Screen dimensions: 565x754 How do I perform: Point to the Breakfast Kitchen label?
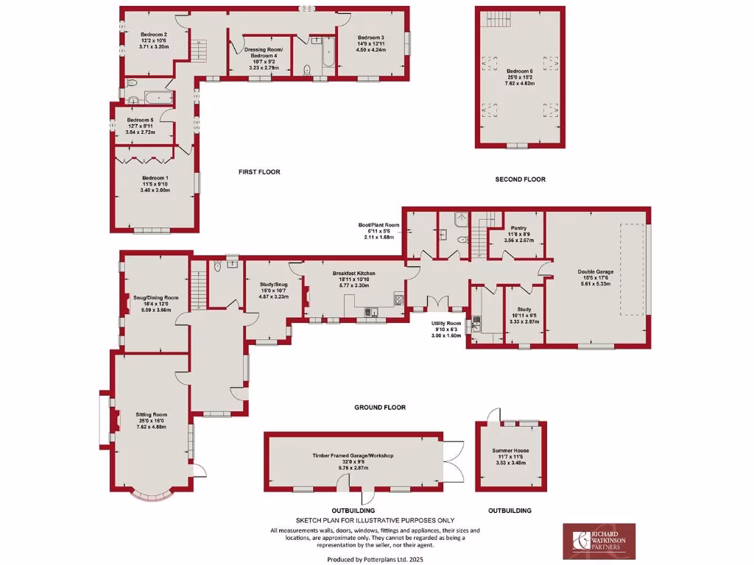click(354, 276)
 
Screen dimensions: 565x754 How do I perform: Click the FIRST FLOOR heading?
click(259, 172)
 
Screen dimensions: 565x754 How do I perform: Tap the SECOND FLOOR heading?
click(520, 180)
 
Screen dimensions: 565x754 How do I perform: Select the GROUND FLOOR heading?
click(380, 407)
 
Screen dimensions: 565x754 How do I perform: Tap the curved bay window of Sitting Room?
click(151, 498)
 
